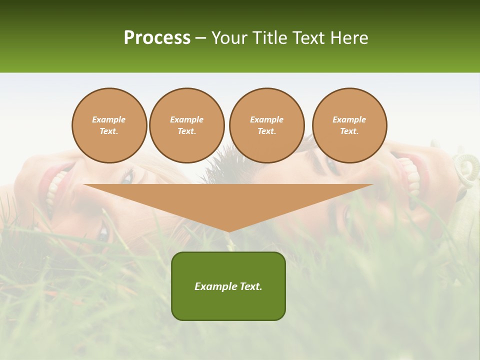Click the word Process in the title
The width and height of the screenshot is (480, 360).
pos(157,38)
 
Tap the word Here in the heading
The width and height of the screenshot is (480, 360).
pos(349,38)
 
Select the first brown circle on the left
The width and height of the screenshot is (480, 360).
pos(109,125)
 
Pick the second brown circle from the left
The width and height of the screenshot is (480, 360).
pos(187,125)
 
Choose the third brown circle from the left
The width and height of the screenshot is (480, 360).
pos(267,125)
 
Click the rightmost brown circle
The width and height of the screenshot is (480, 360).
pos(349,125)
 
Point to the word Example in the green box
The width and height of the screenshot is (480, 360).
pos(214,286)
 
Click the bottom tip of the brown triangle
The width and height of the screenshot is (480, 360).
pos(228,230)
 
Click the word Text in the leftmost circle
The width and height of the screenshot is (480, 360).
pos(108,131)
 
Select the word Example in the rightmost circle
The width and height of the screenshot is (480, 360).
pos(349,119)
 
